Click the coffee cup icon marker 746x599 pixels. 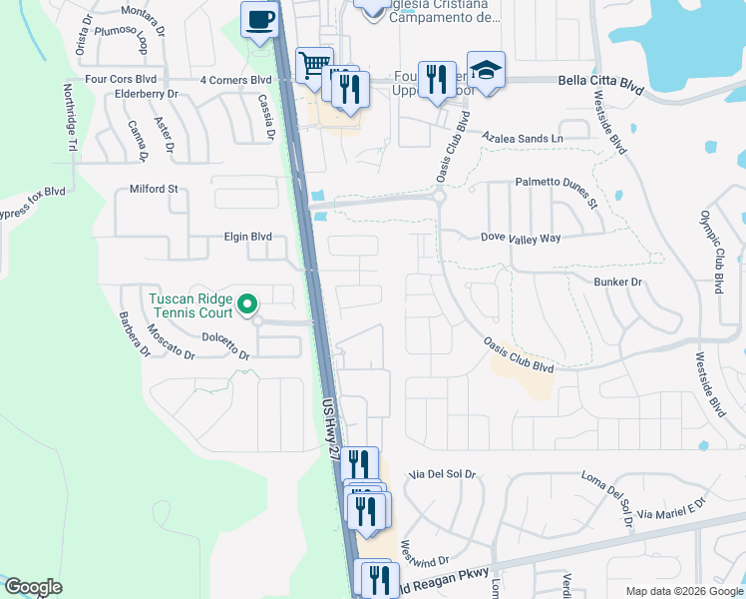pyautogui.click(x=260, y=20)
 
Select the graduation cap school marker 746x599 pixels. pyautogui.click(x=486, y=71)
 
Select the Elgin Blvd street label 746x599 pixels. pyautogui.click(x=247, y=238)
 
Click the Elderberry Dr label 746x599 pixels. pyautogui.click(x=146, y=94)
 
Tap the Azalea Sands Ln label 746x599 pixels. pyautogui.click(x=522, y=137)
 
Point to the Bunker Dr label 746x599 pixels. pyautogui.click(x=618, y=283)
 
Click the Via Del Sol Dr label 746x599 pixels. pyautogui.click(x=443, y=475)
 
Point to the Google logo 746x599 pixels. pyautogui.click(x=33, y=587)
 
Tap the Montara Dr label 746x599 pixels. pyautogui.click(x=146, y=11)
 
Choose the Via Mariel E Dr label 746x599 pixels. pyautogui.click(x=670, y=510)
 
